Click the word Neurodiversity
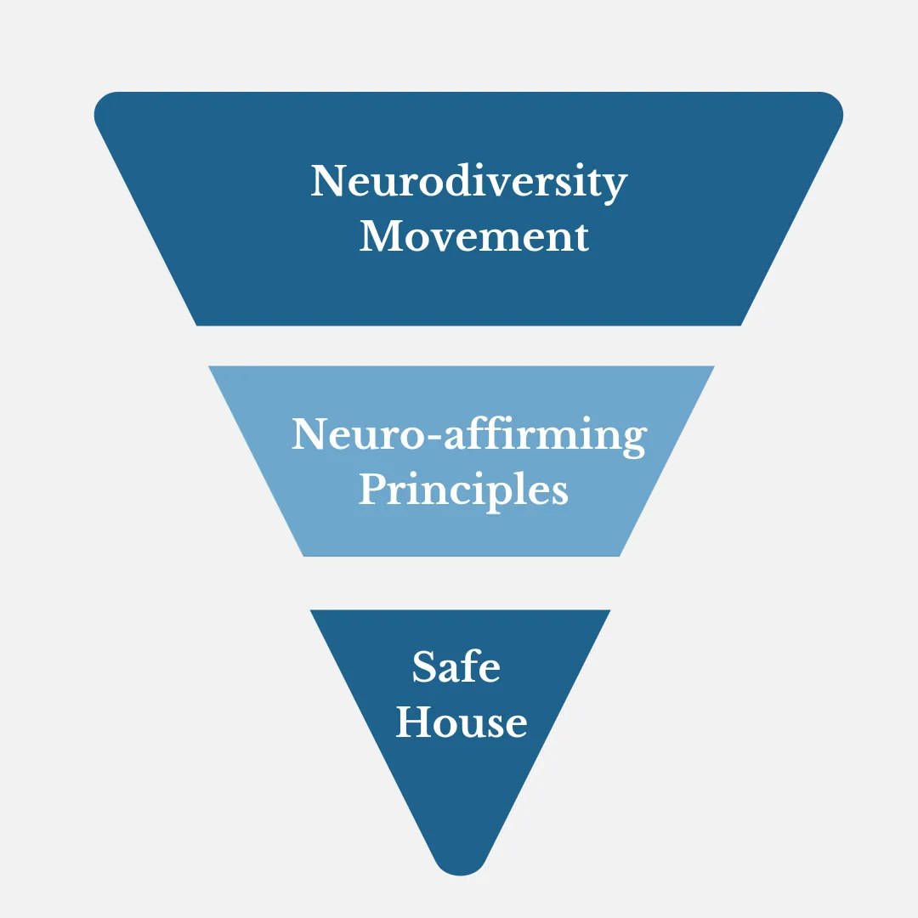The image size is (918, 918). click(469, 183)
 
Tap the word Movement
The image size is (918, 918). click(474, 236)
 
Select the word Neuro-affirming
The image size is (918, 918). click(469, 436)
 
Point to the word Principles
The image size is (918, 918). click(463, 490)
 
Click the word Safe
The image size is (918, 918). click(456, 666)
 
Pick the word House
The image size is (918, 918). click(462, 722)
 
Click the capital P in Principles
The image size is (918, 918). click(373, 488)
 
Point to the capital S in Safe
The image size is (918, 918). click(425, 666)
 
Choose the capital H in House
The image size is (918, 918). click(415, 722)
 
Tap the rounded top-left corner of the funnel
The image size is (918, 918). click(103, 105)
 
